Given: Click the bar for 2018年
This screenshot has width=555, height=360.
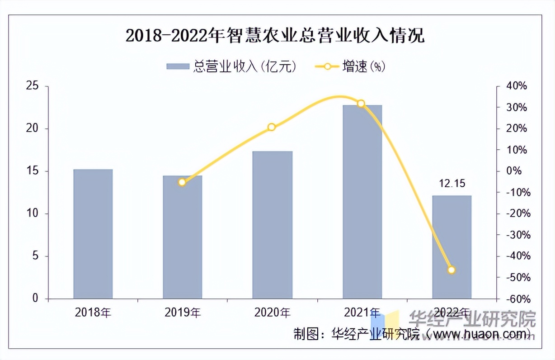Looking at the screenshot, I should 93,234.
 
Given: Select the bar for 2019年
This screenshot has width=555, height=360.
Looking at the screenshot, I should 183,237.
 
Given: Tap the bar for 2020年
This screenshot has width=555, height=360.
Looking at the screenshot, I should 272,225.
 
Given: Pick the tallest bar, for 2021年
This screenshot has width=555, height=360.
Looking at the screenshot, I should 362,202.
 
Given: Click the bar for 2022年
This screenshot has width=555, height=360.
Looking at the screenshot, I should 452,247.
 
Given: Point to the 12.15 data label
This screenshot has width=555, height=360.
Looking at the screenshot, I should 452,184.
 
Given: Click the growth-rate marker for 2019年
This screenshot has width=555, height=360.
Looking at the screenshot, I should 182,182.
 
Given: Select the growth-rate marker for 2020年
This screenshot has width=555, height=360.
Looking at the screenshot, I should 272,127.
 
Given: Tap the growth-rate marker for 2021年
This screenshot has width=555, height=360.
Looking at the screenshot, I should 361,104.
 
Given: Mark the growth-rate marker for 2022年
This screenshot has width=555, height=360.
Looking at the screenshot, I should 451,270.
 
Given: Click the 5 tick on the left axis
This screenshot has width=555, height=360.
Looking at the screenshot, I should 35,256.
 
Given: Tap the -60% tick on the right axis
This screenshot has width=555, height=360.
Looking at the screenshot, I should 515,299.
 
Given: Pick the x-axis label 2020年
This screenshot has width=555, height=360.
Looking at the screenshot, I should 272,312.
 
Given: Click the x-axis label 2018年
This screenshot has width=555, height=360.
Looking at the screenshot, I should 93,312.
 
